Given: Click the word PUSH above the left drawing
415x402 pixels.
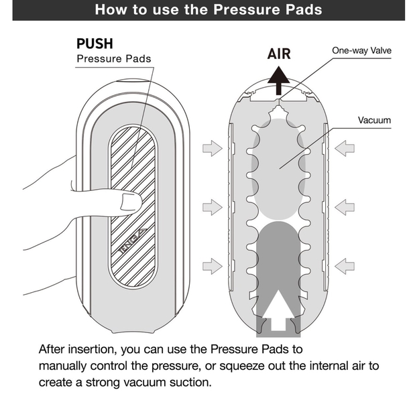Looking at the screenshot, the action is pos(95,44).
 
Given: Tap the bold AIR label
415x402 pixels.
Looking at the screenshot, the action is pos(279,54).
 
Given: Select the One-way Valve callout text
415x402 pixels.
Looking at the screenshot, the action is pos(361,50).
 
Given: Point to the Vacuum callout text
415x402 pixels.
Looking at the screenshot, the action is pos(374,121).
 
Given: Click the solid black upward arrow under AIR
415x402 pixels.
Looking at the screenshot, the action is pos(278,80).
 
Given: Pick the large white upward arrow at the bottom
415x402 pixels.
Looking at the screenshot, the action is pos(278,311).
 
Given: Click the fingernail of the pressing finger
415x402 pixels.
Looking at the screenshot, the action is pos(131,202).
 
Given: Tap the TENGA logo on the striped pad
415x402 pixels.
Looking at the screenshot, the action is pos(132,241).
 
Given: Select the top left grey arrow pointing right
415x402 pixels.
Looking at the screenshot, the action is pos(213,148).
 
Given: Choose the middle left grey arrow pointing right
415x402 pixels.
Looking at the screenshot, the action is pos(213,207).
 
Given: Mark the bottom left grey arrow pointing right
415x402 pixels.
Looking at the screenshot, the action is pos(213,266).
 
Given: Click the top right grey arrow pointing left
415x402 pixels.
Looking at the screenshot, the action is pos(345,148).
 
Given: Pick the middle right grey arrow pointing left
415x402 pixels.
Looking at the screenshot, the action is pos(345,207).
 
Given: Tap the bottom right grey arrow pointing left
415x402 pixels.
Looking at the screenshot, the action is pos(345,266).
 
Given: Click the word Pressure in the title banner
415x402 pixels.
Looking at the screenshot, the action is pos(245,9).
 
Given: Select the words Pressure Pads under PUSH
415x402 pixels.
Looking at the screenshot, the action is pos(114,59).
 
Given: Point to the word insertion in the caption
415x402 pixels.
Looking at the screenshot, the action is pos(92,349).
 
